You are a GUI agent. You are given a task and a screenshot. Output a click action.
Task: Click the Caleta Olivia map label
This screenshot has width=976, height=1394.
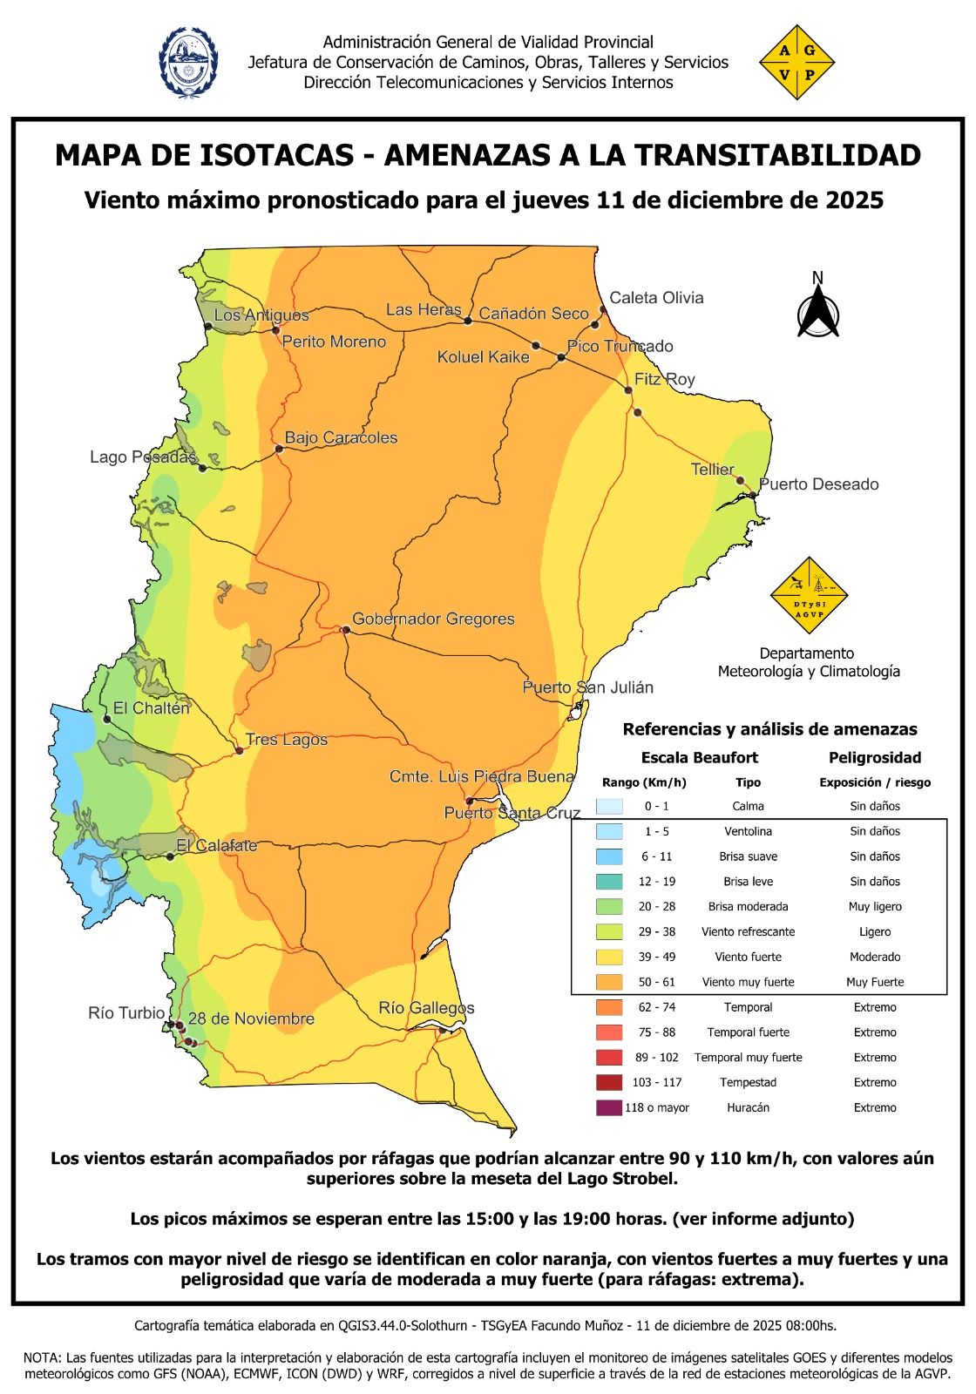(x=655, y=298)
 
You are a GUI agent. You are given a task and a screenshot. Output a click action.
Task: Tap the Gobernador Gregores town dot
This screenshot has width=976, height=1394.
(x=345, y=628)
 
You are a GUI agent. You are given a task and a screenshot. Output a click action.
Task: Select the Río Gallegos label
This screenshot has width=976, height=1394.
(x=426, y=1008)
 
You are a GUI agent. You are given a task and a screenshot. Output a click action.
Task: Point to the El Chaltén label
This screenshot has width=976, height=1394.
(x=151, y=708)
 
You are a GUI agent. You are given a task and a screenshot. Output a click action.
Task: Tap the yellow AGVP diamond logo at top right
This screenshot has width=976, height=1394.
(x=796, y=62)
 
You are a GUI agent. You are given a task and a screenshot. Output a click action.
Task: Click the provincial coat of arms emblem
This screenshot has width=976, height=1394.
(x=188, y=61)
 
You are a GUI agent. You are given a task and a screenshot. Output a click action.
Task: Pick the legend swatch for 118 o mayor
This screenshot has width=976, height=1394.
(x=610, y=1107)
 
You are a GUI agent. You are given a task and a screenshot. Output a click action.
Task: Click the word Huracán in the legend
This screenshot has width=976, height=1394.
(x=748, y=1107)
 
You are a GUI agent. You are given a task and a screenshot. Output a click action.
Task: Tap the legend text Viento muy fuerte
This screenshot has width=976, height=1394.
(x=748, y=982)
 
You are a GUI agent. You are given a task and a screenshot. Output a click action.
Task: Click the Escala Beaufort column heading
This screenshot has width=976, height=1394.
(x=699, y=757)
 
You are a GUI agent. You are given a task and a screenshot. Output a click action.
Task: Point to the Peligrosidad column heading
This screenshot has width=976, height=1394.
(x=874, y=757)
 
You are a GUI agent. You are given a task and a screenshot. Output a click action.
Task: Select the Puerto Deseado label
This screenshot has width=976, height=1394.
(x=818, y=484)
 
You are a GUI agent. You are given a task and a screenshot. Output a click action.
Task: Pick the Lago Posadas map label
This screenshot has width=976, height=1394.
(x=142, y=457)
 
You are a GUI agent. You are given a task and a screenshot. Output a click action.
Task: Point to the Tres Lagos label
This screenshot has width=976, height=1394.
(x=287, y=740)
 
